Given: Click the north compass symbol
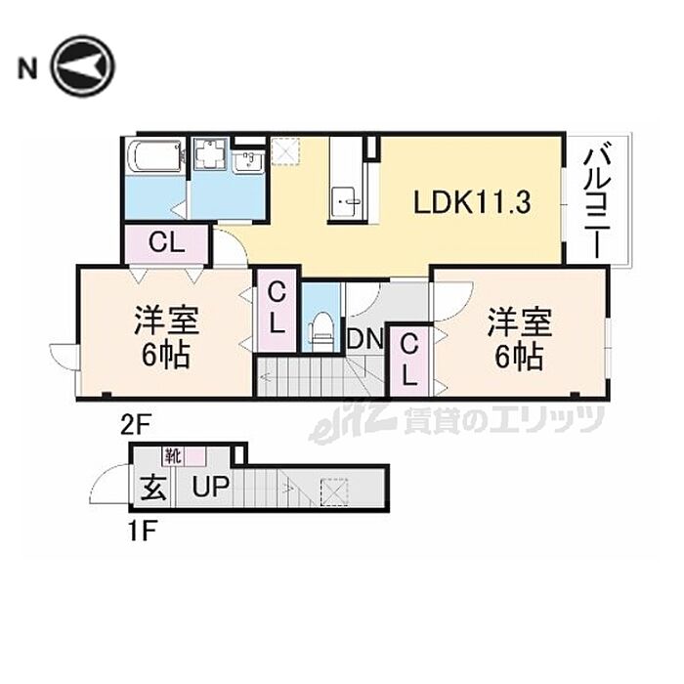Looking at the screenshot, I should pos(83,66).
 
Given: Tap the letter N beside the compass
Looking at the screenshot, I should pos(26,67).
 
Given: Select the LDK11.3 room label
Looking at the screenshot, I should pos(472,202).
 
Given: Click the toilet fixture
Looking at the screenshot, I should pos(321,328).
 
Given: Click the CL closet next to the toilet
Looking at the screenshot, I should pos(278,308).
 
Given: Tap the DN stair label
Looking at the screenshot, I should pos(365,339).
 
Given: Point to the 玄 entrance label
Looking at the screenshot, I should pos(154,487).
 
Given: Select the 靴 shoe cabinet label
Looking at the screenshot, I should pos(172,454).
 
